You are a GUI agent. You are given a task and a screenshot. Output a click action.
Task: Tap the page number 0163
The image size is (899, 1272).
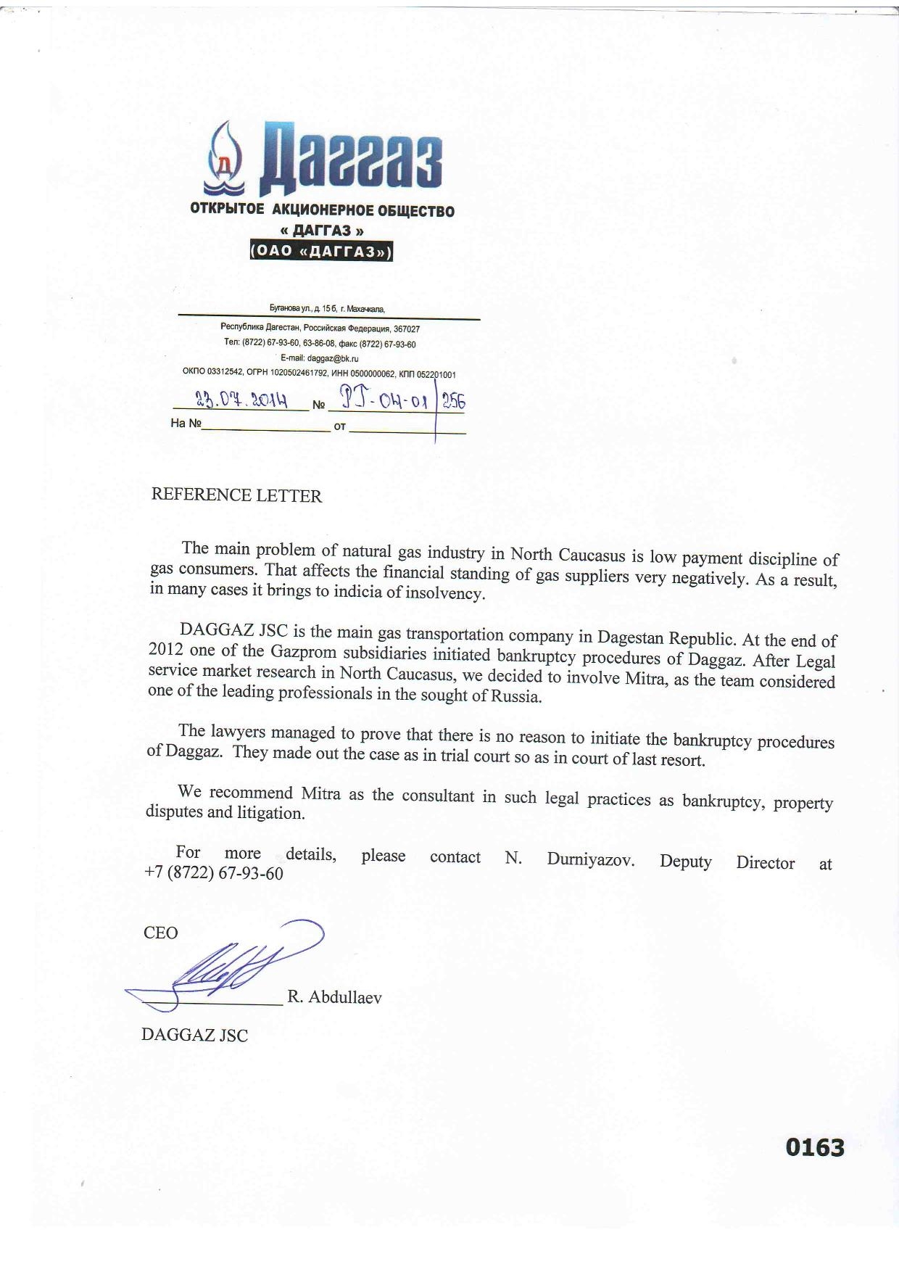(x=815, y=1148)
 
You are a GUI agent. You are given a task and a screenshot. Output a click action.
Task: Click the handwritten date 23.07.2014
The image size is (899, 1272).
(x=242, y=400)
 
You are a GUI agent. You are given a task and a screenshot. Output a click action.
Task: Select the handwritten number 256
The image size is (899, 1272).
(x=454, y=402)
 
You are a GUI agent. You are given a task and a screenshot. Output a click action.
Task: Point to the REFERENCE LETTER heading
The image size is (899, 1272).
(x=236, y=495)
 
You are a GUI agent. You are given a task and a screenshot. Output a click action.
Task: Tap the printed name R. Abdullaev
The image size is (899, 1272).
(x=334, y=997)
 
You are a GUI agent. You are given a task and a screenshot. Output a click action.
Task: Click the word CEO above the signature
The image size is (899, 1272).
(x=161, y=933)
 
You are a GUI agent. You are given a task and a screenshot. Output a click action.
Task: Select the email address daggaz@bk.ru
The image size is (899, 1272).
(x=333, y=358)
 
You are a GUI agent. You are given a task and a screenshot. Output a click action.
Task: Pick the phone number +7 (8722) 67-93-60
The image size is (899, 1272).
(x=214, y=873)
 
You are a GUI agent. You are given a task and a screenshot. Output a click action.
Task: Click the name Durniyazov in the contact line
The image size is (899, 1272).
(x=591, y=860)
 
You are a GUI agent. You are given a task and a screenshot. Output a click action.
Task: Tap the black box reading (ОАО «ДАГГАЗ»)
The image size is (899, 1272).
(x=320, y=251)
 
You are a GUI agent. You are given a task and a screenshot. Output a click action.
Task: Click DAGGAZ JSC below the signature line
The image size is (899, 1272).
(x=194, y=1035)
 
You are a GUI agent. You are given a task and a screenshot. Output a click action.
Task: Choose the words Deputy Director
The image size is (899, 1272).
(x=727, y=862)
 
